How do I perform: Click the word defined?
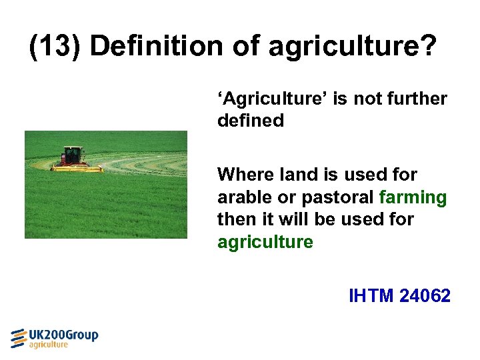click(x=250, y=121)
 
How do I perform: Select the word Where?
click(x=245, y=175)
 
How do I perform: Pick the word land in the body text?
click(x=297, y=175)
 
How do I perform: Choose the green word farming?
click(x=413, y=198)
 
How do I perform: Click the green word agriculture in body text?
click(x=265, y=242)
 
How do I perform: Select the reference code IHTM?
click(x=371, y=295)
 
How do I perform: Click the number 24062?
click(x=425, y=295)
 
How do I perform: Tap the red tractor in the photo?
click(x=73, y=156)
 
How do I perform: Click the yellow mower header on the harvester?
click(x=77, y=169)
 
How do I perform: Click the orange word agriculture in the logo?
click(x=48, y=345)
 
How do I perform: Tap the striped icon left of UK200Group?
click(x=18, y=338)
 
